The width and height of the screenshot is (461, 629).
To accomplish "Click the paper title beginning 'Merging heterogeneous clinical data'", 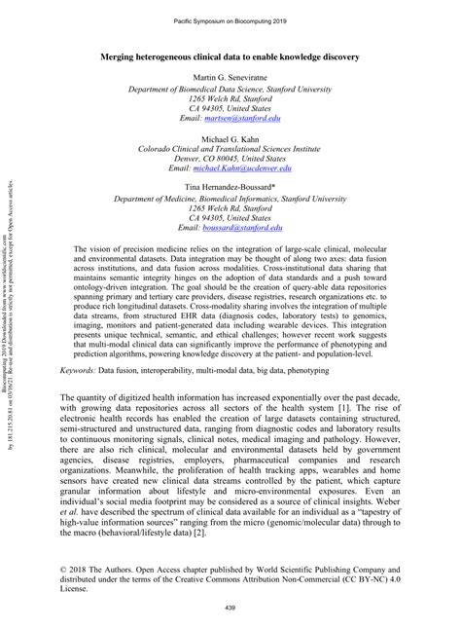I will click(x=230, y=56).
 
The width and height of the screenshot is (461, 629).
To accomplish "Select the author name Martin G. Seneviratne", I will click(x=230, y=76).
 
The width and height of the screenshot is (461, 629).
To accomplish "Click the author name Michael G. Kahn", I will click(x=230, y=139).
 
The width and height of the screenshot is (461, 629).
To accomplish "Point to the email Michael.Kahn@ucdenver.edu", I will click(x=243, y=168).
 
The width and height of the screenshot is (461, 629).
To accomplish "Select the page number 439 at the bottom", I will click(x=230, y=608).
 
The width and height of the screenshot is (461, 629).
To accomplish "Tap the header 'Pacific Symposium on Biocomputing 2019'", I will click(x=230, y=19).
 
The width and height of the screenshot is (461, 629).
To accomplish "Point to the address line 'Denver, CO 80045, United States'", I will click(x=230, y=159).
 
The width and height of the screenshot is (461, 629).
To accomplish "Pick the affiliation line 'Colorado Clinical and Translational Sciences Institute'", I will click(x=230, y=149).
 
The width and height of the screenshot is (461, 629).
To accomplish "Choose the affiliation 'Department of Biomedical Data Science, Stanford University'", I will click(x=230, y=88).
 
